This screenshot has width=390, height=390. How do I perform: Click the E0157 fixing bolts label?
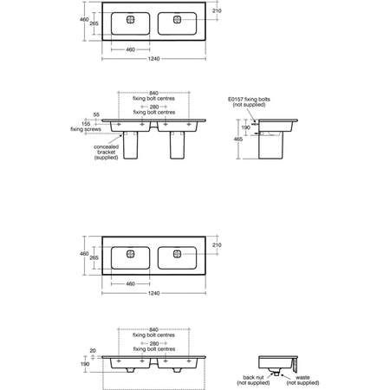[249, 102]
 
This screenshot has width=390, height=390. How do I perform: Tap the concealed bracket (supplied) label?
[106, 153]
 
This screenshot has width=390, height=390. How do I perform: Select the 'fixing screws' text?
[86, 129]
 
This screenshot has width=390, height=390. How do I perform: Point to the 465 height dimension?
[238, 140]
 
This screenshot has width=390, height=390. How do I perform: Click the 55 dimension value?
[96, 114]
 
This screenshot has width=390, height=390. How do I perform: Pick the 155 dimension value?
[86, 124]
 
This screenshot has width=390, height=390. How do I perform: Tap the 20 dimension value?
[93, 351]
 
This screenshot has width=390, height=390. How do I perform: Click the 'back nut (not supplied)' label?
[253, 380]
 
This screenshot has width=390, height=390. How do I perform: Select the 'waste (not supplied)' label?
[302, 380]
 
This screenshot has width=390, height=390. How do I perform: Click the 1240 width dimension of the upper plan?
[153, 59]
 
